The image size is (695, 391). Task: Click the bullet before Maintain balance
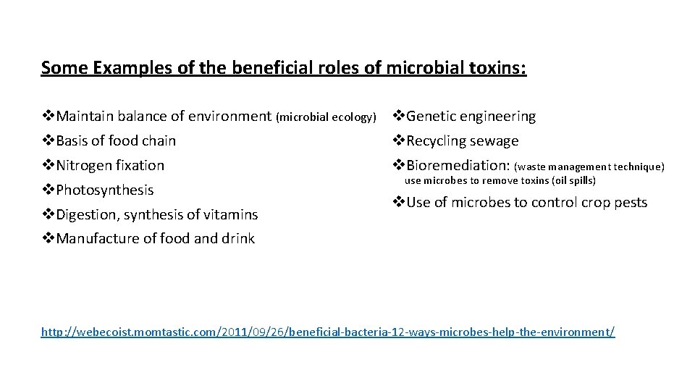[x=49, y=116]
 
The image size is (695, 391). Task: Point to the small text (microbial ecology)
[x=327, y=117]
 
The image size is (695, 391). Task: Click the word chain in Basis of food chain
[x=159, y=140]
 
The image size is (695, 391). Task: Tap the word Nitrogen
[x=85, y=165]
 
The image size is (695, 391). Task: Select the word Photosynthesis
[x=105, y=190]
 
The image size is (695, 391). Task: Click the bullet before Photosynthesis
[x=49, y=190]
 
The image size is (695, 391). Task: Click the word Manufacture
[x=96, y=238]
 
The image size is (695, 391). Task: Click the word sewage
[x=494, y=140]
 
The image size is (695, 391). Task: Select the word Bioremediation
[x=457, y=165]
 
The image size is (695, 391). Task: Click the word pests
[x=629, y=202]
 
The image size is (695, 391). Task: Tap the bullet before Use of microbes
[x=399, y=202]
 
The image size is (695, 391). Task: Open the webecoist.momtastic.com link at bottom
[x=328, y=332]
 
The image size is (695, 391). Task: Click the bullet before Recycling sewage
[x=399, y=140]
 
